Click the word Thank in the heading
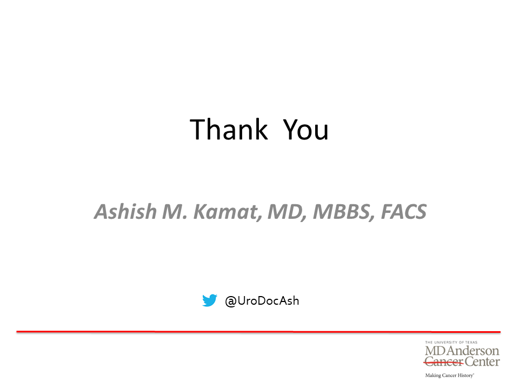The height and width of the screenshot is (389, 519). pyautogui.click(x=228, y=129)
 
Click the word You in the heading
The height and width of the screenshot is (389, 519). pyautogui.click(x=305, y=129)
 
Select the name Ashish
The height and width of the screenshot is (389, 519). pyautogui.click(x=125, y=211)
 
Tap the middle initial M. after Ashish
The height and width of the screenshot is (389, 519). pyautogui.click(x=175, y=212)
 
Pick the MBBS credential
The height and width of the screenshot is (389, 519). pyautogui.click(x=344, y=212)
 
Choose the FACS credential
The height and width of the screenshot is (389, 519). pyautogui.click(x=404, y=212)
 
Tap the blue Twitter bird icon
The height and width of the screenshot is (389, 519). pyautogui.click(x=210, y=300)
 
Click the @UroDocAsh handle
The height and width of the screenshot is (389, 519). pyautogui.click(x=262, y=301)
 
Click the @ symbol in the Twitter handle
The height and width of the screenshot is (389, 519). pyautogui.click(x=231, y=301)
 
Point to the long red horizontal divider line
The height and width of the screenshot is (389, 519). pyautogui.click(x=258, y=331)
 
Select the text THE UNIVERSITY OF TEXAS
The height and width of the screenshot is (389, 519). pyautogui.click(x=451, y=343)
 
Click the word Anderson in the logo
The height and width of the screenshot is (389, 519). pyautogui.click(x=473, y=351)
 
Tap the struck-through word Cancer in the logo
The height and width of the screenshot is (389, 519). pyautogui.click(x=443, y=362)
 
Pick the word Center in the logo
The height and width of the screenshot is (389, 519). pyautogui.click(x=482, y=362)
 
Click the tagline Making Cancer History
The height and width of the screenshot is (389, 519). pyautogui.click(x=449, y=375)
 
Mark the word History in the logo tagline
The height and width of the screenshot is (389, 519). pyautogui.click(x=465, y=375)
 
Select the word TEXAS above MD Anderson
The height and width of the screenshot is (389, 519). pyautogui.click(x=471, y=343)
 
